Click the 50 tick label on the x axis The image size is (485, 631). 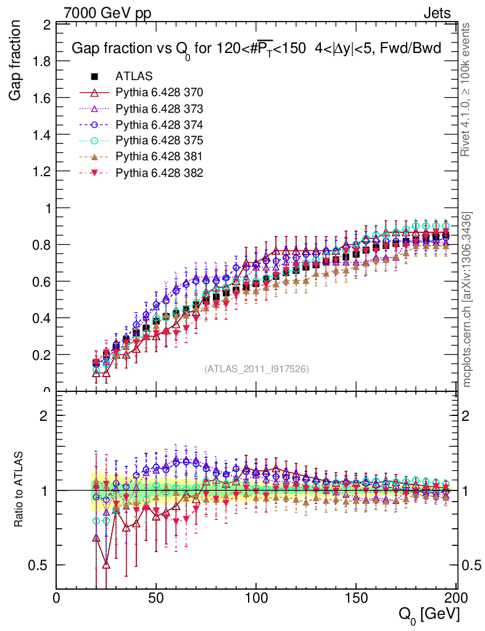tap(156, 598)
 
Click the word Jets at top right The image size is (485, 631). tap(436, 13)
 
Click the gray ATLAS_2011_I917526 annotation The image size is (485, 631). tap(256, 369)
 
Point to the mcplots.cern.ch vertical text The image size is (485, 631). tap(467, 299)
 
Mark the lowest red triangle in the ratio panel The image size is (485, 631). tap(106, 564)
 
